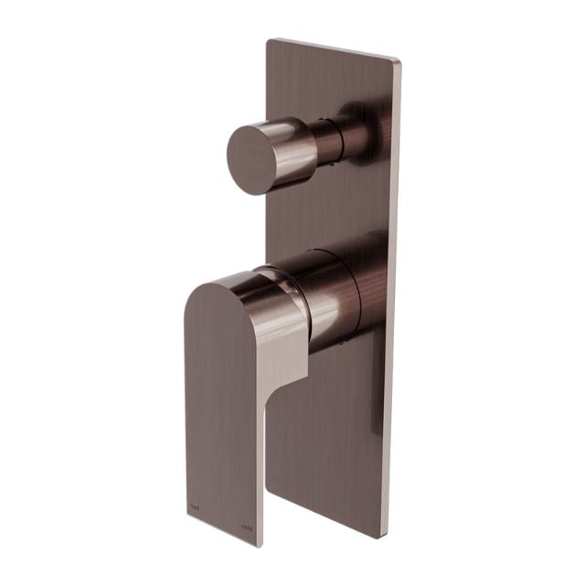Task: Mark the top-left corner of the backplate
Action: point(269,39)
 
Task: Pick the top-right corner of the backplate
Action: point(399,61)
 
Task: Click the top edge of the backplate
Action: point(335,49)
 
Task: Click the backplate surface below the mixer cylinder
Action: point(329,439)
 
